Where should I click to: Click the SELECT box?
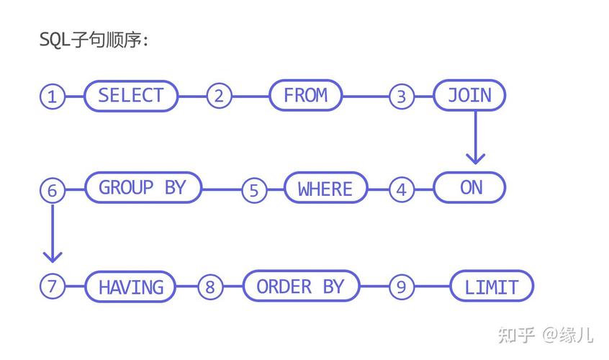(x=131, y=96)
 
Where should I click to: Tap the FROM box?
(x=306, y=96)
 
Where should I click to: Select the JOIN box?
(x=469, y=96)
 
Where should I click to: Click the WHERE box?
(x=325, y=189)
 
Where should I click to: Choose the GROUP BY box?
(x=143, y=188)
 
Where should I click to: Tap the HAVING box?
(x=131, y=287)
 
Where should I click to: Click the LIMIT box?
(x=492, y=287)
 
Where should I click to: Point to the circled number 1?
(x=52, y=96)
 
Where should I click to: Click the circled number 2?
(x=219, y=96)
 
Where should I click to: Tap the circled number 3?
(x=402, y=96)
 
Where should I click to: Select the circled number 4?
(x=402, y=190)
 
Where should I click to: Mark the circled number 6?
(x=52, y=190)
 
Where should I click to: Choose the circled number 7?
(x=52, y=286)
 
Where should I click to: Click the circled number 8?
(x=209, y=287)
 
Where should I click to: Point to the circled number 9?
(x=402, y=287)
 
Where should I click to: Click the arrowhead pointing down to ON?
(x=474, y=157)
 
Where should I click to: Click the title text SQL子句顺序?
(x=94, y=40)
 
